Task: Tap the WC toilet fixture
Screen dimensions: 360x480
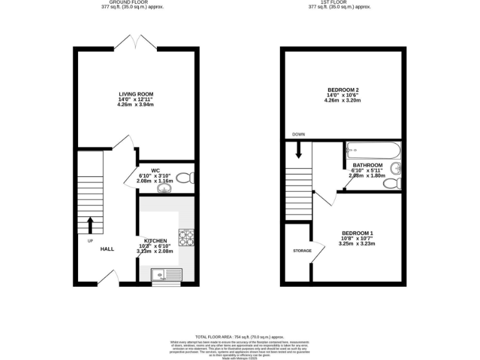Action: [x=184, y=178]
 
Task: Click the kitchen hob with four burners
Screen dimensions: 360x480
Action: [x=186, y=236]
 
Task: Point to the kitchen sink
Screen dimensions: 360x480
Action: [x=165, y=273]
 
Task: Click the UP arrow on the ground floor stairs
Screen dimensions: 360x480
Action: [x=90, y=223]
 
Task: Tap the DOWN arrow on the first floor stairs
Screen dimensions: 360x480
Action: [x=299, y=150]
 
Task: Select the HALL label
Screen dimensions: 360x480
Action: [x=107, y=249]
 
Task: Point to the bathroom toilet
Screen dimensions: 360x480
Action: [x=390, y=182]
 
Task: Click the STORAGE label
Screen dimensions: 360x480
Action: [x=302, y=251]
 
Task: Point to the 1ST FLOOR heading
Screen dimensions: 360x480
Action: [x=339, y=2]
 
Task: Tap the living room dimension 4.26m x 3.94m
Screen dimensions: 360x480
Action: [x=136, y=104]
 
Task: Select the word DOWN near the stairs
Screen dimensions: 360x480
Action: [x=299, y=134]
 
